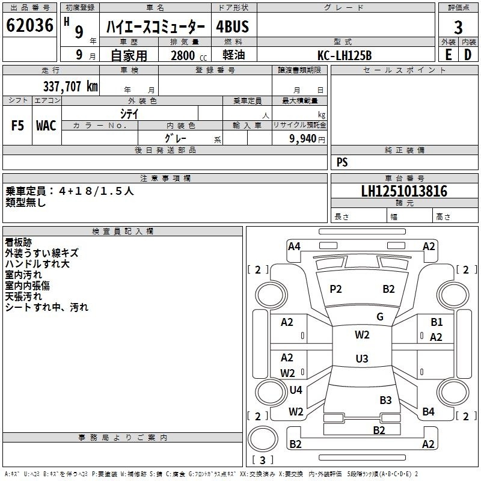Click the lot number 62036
(x=29, y=25)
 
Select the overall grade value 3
(x=458, y=27)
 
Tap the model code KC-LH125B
(x=345, y=55)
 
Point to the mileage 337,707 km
(x=70, y=87)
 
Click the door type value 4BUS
(x=233, y=26)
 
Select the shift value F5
(x=17, y=126)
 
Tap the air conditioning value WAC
(x=46, y=126)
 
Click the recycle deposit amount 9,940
(x=303, y=139)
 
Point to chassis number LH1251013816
(x=404, y=191)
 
